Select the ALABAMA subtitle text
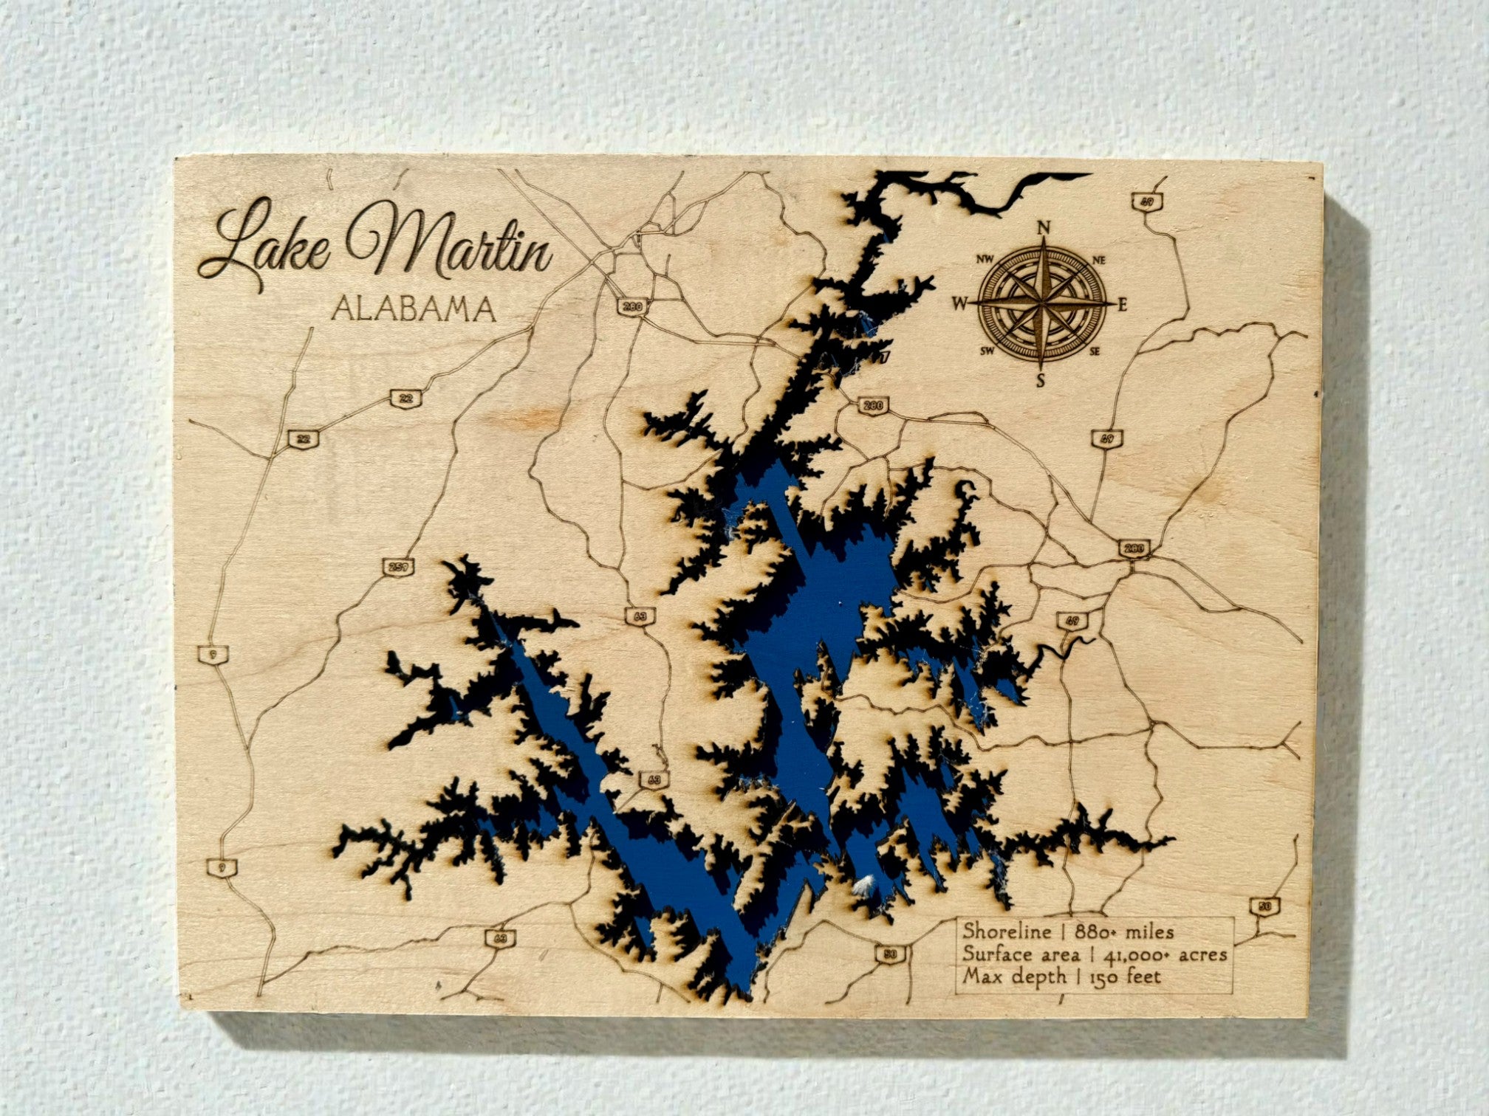413,309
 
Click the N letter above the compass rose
1044,228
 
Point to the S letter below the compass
1041,381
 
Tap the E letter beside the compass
1122,303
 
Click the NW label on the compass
985,259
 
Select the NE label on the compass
1098,260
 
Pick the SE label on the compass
1095,351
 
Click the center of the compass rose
1041,303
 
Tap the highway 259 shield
399,568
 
